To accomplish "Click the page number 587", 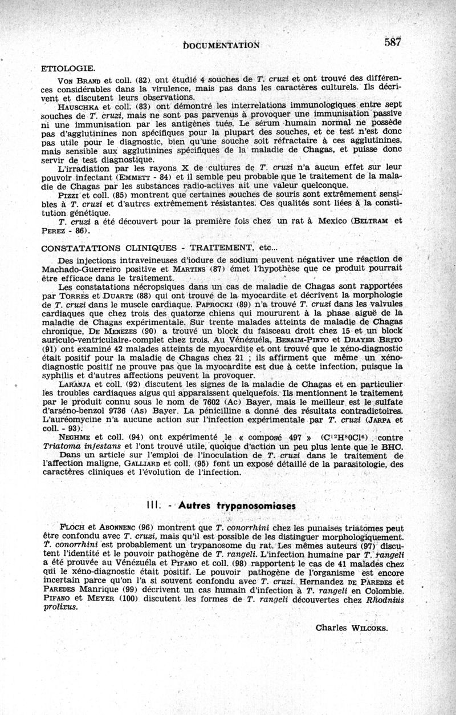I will click(393, 42).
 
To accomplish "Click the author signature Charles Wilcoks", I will click(351, 628).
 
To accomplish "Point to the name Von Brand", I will click(74, 79).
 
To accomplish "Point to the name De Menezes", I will click(108, 332).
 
